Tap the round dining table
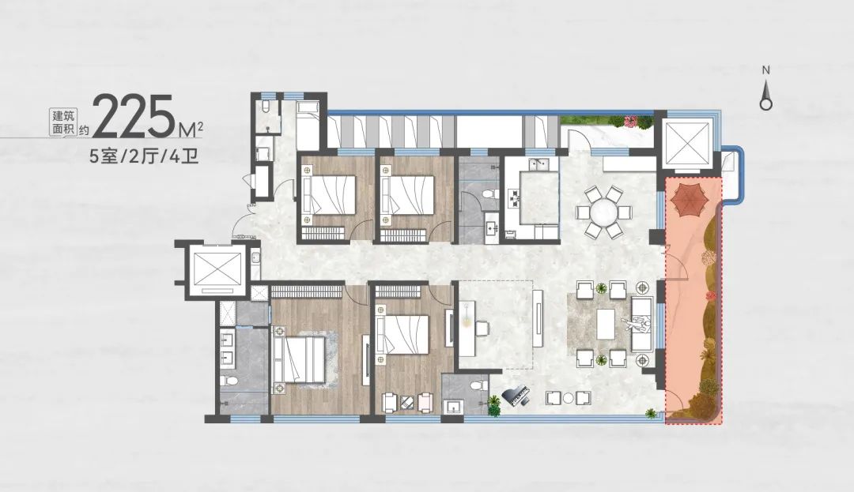pos(604,212)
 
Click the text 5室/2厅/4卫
pos(142,157)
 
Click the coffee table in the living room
pos(606,324)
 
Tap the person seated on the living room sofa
pos(637,324)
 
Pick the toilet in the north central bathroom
pos(490,193)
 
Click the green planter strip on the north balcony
pos(606,122)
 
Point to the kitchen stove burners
pos(513,198)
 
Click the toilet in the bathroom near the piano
pos(478,385)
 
